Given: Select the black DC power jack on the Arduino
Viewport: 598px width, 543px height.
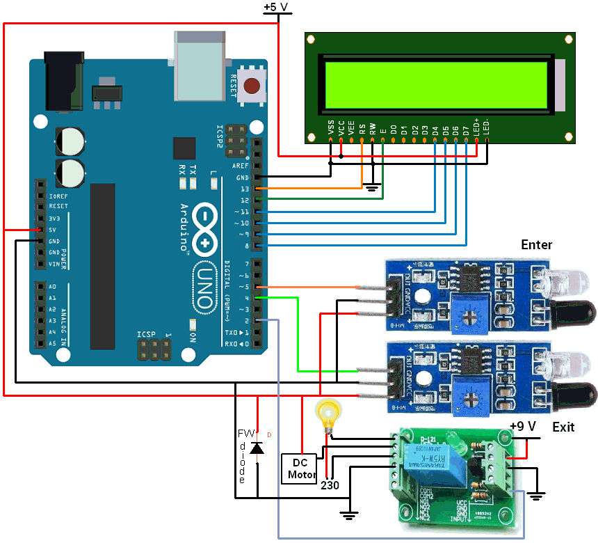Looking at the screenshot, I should [64, 81].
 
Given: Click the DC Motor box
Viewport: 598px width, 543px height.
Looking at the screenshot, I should [299, 468].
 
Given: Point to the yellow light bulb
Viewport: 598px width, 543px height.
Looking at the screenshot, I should [325, 412].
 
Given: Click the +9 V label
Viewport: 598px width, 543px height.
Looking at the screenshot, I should [523, 427].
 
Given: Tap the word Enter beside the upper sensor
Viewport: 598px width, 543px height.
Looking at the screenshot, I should [536, 244].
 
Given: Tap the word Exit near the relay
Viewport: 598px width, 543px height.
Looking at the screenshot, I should [563, 427].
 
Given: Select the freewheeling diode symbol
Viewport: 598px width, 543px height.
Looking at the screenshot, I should [257, 448].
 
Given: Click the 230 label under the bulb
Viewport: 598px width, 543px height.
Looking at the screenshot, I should [330, 485].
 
